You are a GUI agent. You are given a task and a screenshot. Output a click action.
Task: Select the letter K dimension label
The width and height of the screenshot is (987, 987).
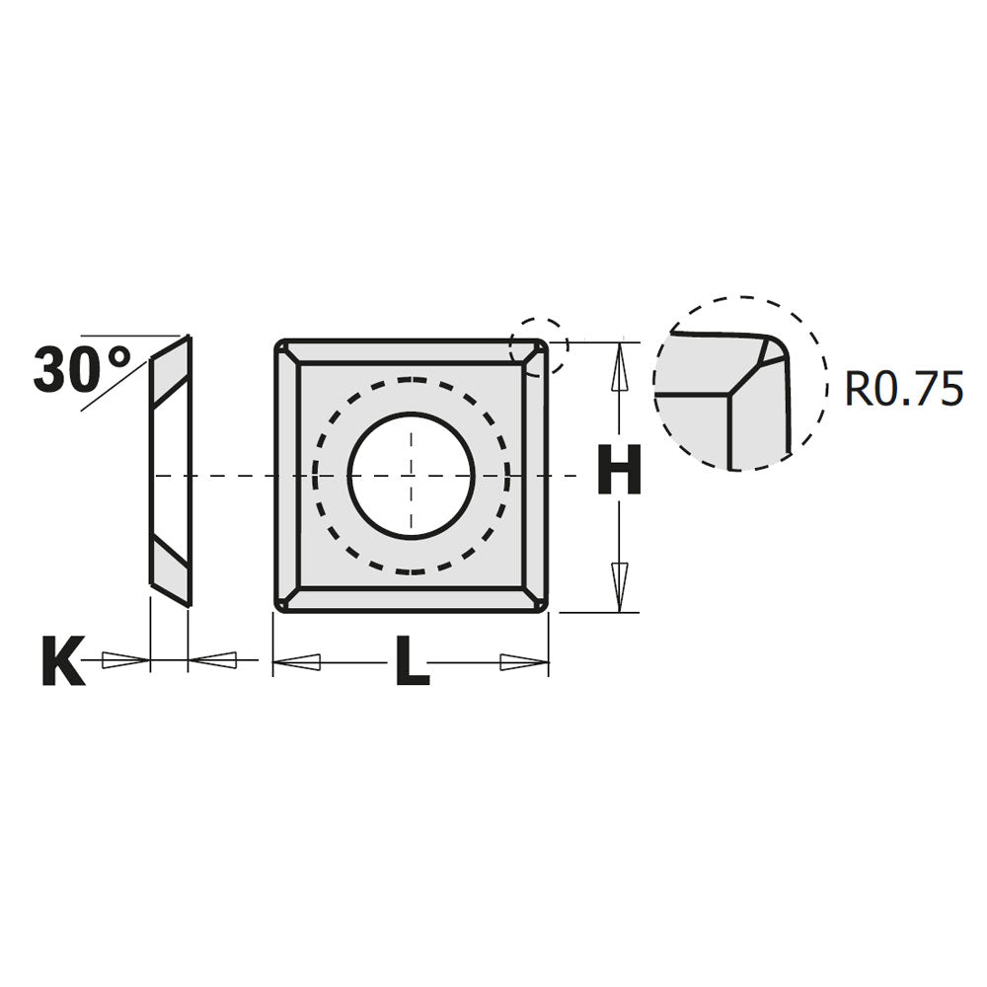coord(62,662)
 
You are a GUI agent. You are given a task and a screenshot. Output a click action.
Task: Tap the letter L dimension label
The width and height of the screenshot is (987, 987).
coord(412,662)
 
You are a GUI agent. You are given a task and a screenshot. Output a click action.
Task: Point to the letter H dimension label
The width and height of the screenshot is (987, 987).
coord(620,472)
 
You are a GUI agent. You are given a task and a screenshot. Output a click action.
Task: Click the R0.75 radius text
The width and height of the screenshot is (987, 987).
coord(902,390)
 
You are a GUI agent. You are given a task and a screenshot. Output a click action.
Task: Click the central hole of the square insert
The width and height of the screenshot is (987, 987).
coord(412,476)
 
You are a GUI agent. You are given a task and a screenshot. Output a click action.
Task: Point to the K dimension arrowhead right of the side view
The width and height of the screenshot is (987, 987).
coord(212,658)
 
